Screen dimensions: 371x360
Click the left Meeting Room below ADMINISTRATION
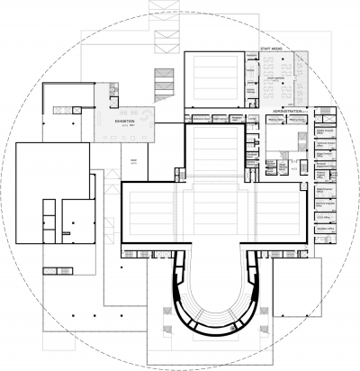(274, 119)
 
